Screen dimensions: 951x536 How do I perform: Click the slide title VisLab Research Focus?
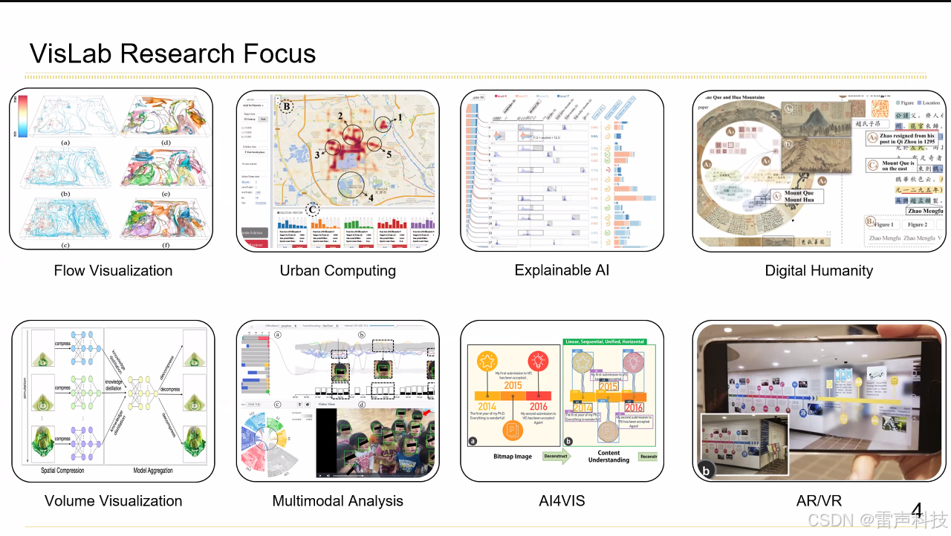point(172,53)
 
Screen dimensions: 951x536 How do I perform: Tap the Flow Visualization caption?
point(113,271)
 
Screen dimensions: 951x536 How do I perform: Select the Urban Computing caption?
point(338,271)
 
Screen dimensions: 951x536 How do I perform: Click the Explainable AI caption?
point(562,270)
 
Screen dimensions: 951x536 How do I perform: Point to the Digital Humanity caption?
point(819,271)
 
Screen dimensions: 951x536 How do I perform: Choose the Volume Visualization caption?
point(113,501)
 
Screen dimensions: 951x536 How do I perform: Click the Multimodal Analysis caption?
point(338,501)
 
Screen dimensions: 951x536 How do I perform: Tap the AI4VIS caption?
point(562,501)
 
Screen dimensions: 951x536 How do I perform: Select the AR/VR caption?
point(819,501)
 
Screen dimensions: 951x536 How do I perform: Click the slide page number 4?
point(917,511)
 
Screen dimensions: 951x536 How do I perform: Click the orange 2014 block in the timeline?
point(487,406)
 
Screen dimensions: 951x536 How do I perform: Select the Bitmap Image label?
point(513,456)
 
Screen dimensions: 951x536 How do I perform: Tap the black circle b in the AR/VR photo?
point(704,470)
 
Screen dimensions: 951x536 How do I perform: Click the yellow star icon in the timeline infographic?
point(487,362)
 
